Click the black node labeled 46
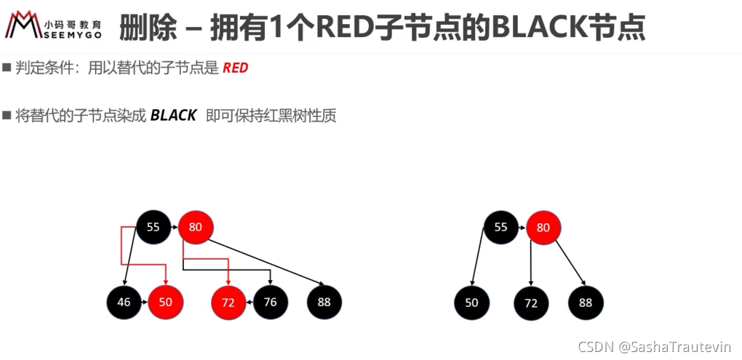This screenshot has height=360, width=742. pos(124,303)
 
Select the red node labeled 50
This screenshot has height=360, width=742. pos(166,303)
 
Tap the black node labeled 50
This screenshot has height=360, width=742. pos(472,303)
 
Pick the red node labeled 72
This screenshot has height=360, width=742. pos(228,303)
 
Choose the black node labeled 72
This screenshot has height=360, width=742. pos(532,303)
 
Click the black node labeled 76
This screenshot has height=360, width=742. pos(271,303)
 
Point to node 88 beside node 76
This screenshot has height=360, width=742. pos(324,303)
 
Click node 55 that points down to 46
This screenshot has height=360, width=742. pos(153,228)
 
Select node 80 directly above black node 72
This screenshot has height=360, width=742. pos(543,228)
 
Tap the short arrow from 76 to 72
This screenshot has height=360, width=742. pos(250,303)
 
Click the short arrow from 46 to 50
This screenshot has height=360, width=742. pos(145,303)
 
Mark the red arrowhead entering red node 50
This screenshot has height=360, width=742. pos(166,281)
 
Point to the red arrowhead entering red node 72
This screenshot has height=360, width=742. pos(228,281)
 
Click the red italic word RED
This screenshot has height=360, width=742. pos(235,68)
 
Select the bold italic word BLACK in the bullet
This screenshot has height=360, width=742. pos(173,116)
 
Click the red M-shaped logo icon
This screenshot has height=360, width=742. pos(22,25)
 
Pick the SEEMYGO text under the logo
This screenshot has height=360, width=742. pos(72,35)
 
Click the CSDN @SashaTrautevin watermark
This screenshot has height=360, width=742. pos(655,347)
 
